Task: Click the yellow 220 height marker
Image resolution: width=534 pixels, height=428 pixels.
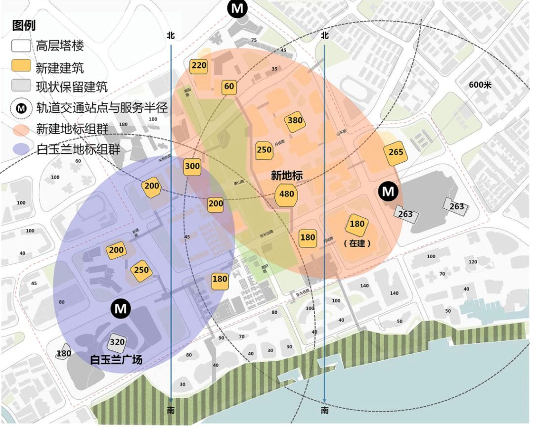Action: point(199,66)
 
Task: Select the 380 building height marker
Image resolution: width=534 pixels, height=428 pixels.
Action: point(295,121)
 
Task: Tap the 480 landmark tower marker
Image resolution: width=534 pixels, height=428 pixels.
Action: point(287,194)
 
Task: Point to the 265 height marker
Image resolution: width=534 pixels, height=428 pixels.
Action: point(396,152)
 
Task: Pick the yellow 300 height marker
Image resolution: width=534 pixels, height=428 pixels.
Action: point(192,167)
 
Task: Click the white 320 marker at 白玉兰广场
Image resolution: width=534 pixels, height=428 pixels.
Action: point(117,342)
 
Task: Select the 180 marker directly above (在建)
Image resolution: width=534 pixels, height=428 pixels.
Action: point(357,224)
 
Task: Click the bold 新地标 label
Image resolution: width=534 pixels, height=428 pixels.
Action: point(286,175)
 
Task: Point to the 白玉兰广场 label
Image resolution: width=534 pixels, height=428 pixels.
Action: point(117,360)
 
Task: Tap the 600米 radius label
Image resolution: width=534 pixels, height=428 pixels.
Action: point(480,85)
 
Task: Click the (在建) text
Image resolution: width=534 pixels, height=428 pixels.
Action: point(357,243)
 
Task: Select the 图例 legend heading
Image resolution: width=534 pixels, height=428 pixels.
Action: point(24,26)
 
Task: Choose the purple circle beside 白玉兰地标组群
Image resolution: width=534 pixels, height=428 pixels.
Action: point(21,150)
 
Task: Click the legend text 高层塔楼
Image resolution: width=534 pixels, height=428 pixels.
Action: point(60,46)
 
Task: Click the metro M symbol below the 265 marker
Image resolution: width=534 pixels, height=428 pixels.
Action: point(389,191)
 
